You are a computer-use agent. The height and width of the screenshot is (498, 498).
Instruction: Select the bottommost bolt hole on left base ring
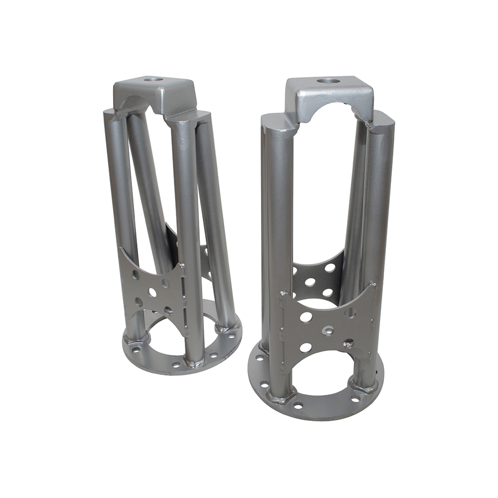(x=176, y=365)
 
